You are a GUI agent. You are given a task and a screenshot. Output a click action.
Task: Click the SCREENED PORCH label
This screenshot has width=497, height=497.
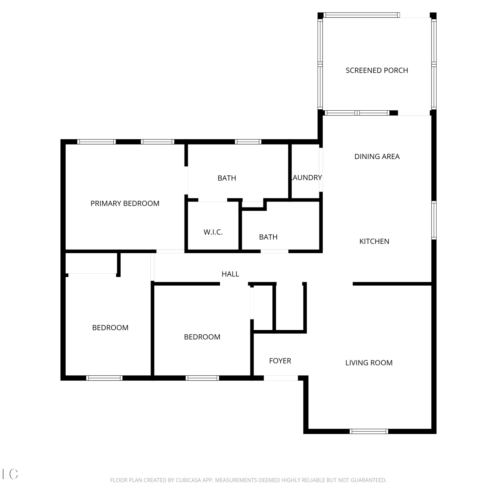tap(377, 70)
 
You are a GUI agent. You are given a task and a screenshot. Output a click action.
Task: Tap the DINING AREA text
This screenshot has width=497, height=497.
tap(377, 156)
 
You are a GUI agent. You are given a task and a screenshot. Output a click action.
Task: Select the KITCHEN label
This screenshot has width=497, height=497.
tap(374, 241)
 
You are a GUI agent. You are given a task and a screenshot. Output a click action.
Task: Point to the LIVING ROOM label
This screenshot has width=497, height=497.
tap(369, 363)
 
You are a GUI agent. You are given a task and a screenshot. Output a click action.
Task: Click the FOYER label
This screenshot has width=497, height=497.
tap(280, 361)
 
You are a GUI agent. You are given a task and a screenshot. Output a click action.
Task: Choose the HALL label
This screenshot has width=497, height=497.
tap(230, 274)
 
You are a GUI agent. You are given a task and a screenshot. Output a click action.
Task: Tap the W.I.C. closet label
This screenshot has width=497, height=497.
tap(213, 232)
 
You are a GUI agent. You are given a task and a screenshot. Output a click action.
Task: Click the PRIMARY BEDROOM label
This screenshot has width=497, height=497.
tap(125, 203)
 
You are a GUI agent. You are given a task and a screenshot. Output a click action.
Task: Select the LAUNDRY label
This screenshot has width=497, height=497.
tap(306, 178)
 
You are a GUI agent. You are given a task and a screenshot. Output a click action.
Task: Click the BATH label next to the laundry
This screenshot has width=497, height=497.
tap(227, 178)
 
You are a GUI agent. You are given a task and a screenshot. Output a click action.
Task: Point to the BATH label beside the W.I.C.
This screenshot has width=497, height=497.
tap(268, 237)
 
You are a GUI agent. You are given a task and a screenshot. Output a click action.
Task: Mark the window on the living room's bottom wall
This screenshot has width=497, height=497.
tap(369, 431)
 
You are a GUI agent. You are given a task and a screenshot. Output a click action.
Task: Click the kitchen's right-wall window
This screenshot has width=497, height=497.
tap(434, 220)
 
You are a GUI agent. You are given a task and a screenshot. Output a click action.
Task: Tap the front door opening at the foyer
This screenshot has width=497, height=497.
tap(281, 378)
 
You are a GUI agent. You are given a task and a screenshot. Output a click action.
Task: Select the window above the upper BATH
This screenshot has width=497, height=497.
tap(248, 142)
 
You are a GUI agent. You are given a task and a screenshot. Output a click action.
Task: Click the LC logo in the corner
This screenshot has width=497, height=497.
tap(10, 474)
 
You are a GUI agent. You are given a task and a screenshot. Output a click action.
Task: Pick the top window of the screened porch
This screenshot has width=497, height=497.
tap(361, 15)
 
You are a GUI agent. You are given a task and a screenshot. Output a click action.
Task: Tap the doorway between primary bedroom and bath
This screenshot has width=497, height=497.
tap(186, 182)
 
